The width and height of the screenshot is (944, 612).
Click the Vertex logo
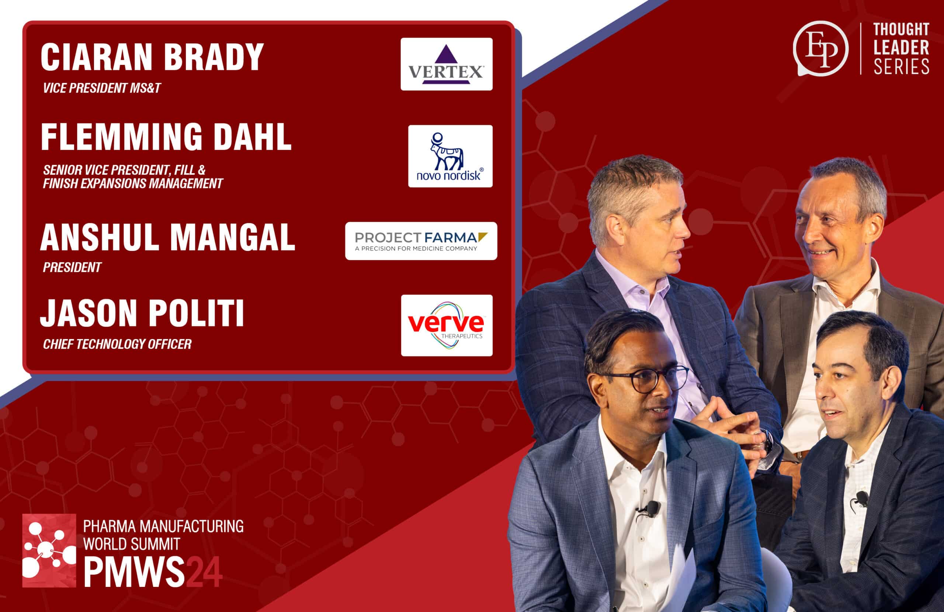446,64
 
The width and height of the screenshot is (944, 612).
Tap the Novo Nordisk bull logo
450,156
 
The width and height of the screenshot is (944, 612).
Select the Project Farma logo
421,241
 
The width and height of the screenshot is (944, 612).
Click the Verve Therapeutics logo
446,325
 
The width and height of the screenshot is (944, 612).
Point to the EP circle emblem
820,48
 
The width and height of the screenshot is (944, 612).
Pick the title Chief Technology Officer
117,344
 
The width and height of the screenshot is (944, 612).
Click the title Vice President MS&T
101,88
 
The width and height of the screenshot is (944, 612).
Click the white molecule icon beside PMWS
49,550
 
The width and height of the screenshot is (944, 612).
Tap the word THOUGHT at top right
901,29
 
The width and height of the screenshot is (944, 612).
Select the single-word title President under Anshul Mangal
72,267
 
